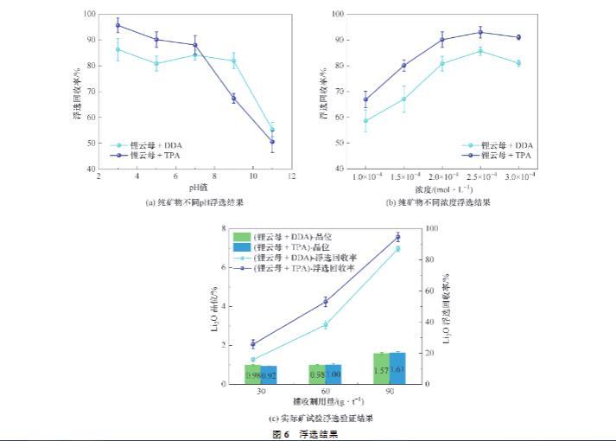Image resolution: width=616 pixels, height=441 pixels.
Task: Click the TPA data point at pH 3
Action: [117, 25]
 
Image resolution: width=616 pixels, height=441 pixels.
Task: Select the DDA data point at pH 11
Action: [272, 130]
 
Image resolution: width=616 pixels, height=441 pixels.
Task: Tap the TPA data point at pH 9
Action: [233, 99]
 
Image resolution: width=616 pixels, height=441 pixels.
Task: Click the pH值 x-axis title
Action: [194, 188]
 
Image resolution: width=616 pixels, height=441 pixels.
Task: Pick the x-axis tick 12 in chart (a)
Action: [291, 176]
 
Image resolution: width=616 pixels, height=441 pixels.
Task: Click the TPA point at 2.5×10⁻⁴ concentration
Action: [480, 32]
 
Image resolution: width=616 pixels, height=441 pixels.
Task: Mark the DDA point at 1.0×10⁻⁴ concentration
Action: [365, 120]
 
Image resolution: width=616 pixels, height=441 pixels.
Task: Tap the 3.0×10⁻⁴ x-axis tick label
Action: [519, 176]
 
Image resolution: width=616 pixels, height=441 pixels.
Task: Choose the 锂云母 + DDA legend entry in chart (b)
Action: [498, 145]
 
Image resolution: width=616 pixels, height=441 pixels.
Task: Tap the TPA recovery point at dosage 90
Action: [397, 236]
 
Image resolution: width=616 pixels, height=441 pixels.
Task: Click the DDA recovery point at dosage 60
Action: [326, 324]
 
